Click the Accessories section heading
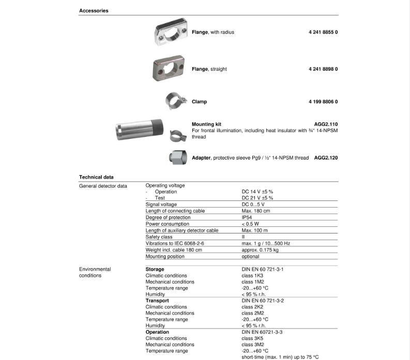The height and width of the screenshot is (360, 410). [x=94, y=11]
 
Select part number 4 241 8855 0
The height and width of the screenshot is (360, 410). [x=323, y=32]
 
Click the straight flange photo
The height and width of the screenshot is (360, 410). [x=170, y=68]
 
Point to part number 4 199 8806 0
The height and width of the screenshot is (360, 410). [x=323, y=102]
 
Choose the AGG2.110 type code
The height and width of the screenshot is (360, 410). [x=326, y=124]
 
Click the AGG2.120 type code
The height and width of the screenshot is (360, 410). [x=326, y=158]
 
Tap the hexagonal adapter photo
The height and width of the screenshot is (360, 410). [x=177, y=157]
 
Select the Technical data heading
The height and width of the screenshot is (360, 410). [x=96, y=177]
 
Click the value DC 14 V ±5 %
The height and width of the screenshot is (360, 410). [x=257, y=192]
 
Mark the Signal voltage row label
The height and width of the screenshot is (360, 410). [x=161, y=205]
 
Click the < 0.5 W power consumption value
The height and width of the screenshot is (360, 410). [x=250, y=224]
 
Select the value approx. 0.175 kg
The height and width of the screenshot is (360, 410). [x=260, y=250]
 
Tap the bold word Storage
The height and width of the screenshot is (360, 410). [x=155, y=269]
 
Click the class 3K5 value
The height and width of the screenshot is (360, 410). [x=252, y=338]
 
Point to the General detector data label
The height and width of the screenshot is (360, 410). [x=103, y=185]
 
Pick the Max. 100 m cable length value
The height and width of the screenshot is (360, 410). [x=254, y=230]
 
